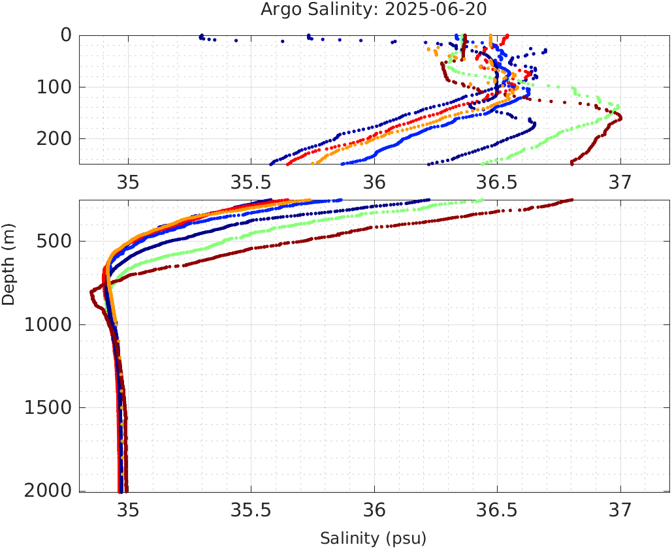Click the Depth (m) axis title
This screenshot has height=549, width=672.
pos(8,270)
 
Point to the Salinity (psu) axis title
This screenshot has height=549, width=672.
pos(373,539)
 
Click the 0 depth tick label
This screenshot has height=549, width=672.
pos(66,35)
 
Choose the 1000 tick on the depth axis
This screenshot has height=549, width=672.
pos(48,324)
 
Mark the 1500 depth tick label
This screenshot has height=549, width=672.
pos(48,408)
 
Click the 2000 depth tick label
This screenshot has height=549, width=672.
pos(48,491)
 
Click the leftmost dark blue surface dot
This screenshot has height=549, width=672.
pos(201,36)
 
